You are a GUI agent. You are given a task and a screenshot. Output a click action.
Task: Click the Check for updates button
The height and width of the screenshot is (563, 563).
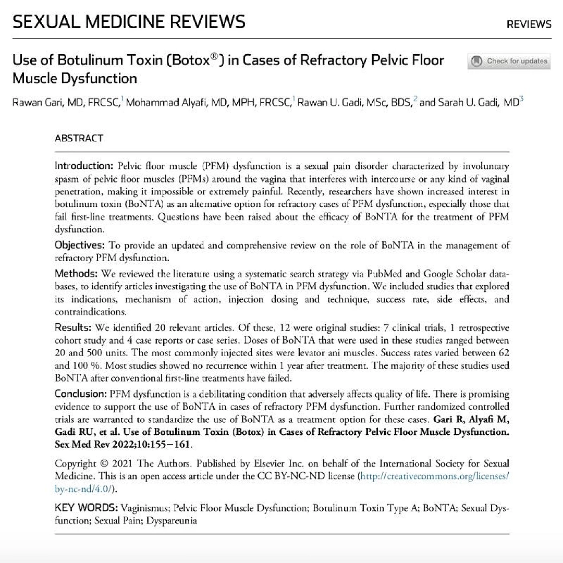(x=509, y=62)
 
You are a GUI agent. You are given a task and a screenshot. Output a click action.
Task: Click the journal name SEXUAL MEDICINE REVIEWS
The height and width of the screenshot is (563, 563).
(x=129, y=22)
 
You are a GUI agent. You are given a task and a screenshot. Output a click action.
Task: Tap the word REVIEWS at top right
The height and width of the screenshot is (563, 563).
(x=529, y=24)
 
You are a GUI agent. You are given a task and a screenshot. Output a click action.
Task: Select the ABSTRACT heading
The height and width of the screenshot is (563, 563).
(x=79, y=138)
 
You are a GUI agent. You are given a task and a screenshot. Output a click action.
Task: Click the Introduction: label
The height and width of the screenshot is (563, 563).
(x=84, y=166)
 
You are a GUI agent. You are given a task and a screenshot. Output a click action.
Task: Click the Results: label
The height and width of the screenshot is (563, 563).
(x=73, y=327)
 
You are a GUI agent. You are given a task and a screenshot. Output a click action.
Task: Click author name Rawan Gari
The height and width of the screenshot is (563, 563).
(x=33, y=103)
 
